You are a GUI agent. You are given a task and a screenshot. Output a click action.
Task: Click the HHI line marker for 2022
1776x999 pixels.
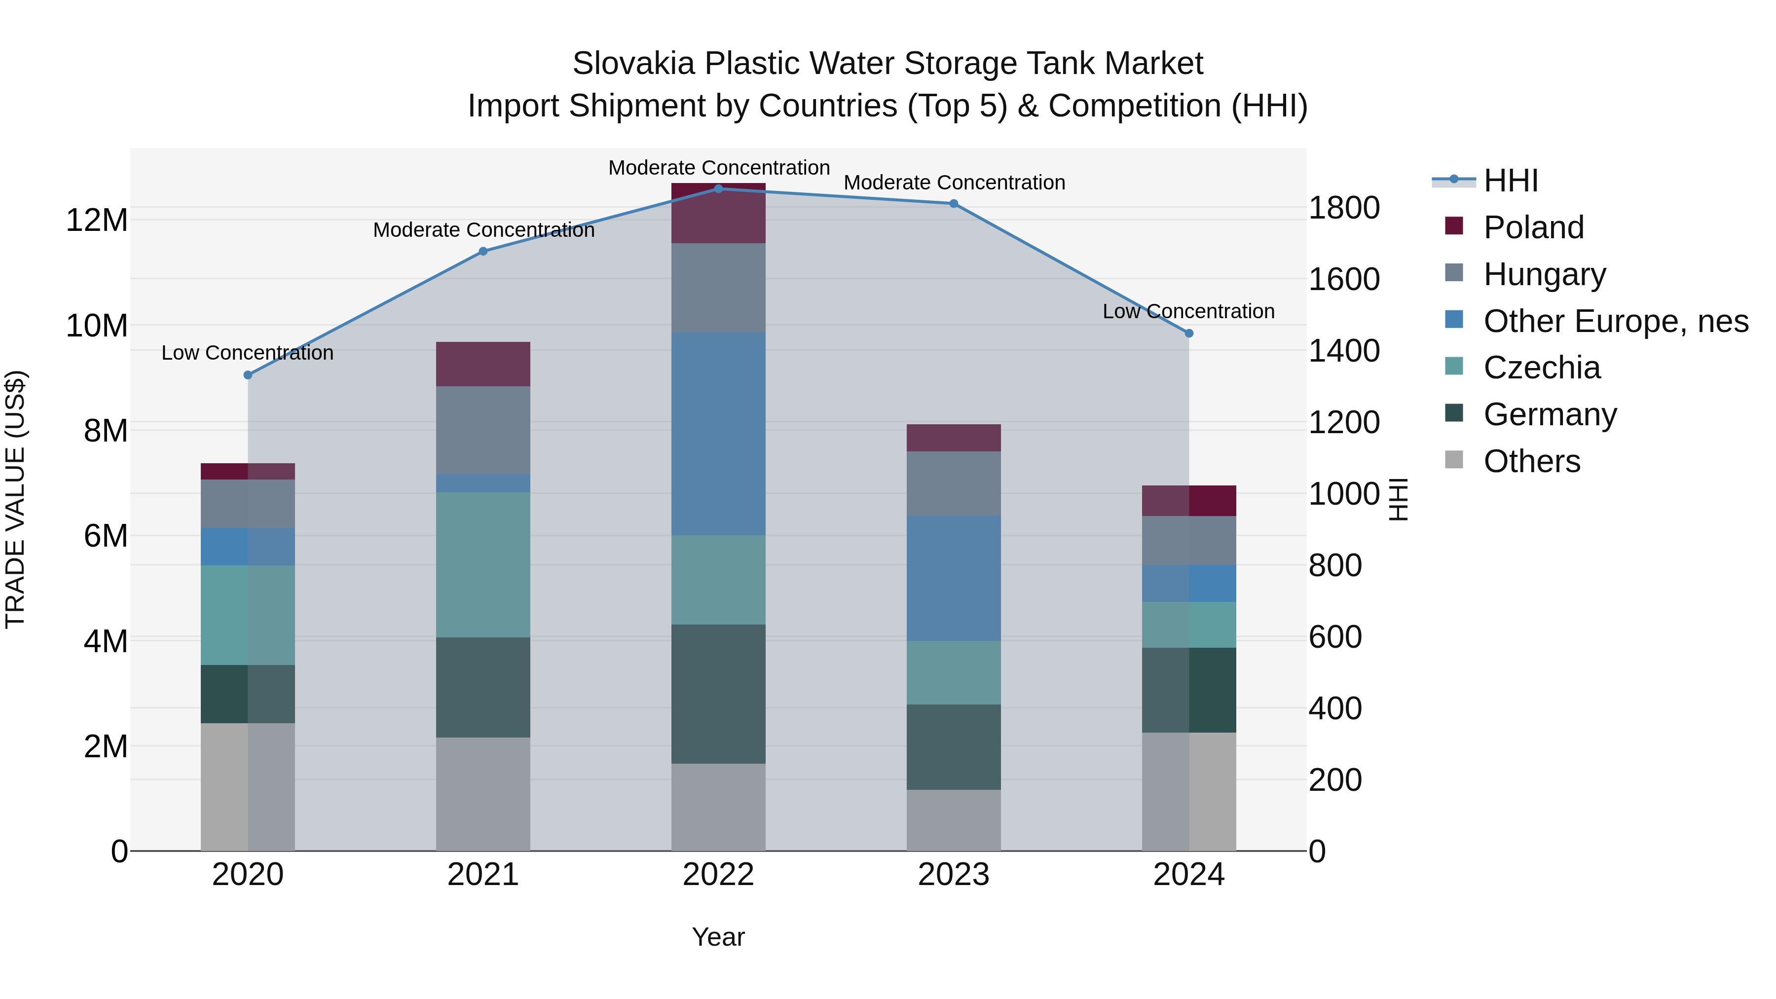[x=718, y=189]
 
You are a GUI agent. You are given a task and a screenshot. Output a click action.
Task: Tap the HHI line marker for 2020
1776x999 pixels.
[x=248, y=375]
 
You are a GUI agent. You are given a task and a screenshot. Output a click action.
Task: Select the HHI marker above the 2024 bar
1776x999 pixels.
[x=1188, y=333]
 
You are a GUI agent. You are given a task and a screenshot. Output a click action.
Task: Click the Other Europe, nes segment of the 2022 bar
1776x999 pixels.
[x=718, y=434]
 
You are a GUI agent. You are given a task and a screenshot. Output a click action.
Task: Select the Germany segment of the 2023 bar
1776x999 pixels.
[x=954, y=747]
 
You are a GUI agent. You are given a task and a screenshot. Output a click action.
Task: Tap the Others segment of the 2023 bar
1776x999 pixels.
[x=954, y=820]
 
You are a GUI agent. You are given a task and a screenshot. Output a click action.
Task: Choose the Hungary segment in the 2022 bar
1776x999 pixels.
[x=718, y=288]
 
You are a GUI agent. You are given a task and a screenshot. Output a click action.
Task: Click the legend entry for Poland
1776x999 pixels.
[x=1533, y=227]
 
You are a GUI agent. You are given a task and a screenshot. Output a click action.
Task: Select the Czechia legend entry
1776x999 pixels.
[x=1542, y=368]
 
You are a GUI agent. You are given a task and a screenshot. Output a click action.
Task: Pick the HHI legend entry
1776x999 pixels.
[x=1510, y=181]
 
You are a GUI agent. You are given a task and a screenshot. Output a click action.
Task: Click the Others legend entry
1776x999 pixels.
[x=1531, y=461]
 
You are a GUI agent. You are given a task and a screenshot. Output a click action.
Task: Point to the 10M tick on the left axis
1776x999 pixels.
[x=97, y=326]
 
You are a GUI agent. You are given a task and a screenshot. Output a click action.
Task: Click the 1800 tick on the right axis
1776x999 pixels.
[x=1344, y=208]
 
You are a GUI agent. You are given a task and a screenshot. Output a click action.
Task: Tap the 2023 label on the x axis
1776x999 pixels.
[x=954, y=875]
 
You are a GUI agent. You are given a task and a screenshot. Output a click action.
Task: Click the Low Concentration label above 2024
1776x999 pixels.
[x=1188, y=312]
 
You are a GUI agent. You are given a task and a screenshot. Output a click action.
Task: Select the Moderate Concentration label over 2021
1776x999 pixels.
[x=483, y=230]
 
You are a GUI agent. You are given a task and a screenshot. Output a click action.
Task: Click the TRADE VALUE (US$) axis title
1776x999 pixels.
[x=15, y=499]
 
